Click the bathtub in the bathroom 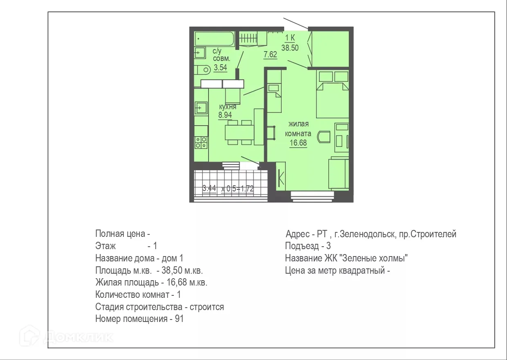click(214, 40)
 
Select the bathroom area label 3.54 click(220, 68)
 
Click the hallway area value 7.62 click(270, 55)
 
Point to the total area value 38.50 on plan click(290, 47)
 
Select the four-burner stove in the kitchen click(201, 142)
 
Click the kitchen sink click(201, 108)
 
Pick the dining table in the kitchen click(239, 132)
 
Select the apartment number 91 click(179, 319)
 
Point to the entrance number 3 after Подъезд click(328, 246)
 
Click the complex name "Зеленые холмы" click(375, 259)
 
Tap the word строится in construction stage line click(207, 307)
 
